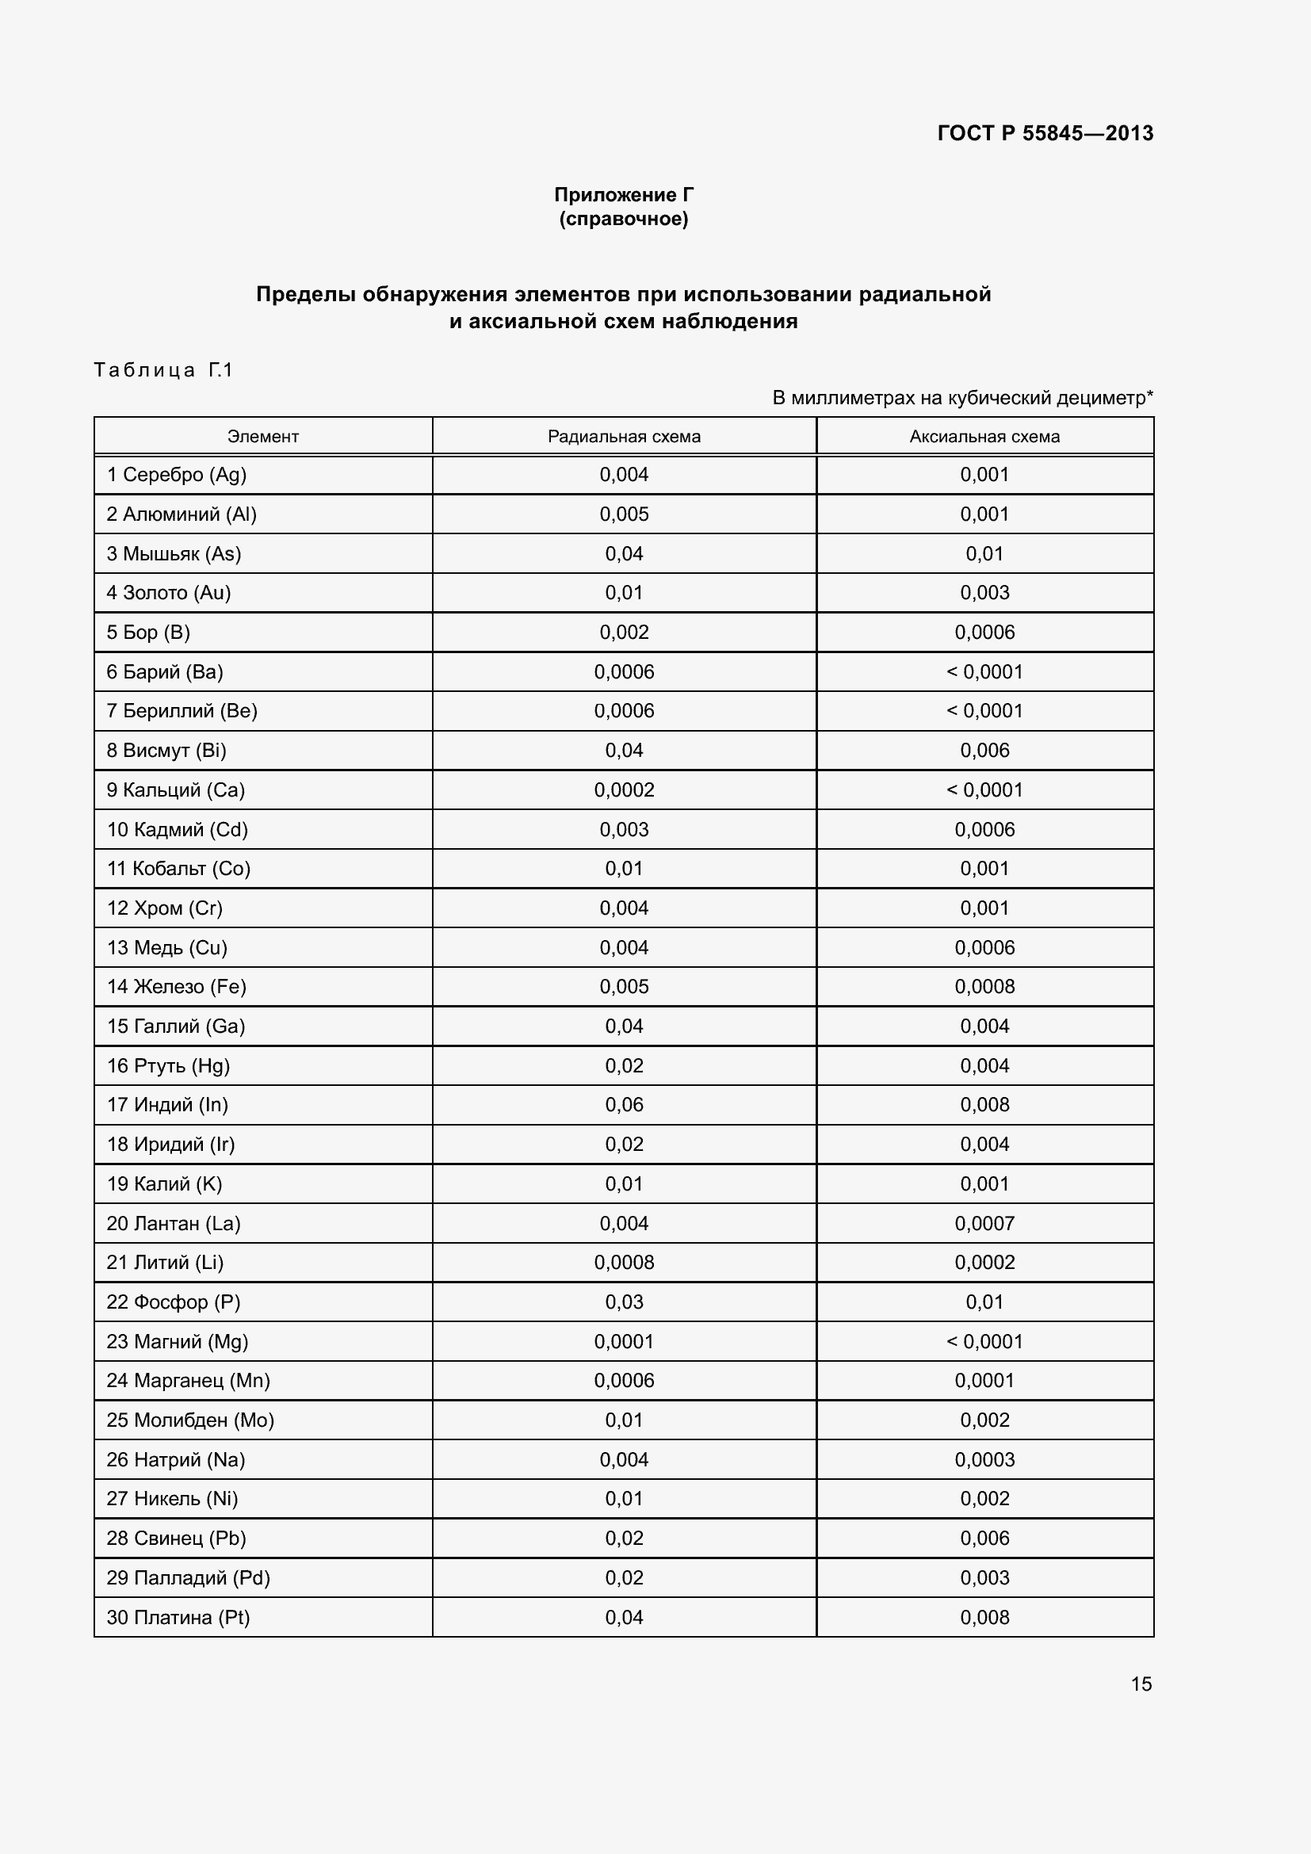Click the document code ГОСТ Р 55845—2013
point(1045,133)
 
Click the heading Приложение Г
point(623,195)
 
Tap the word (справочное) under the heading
point(623,219)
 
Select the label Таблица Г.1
point(163,370)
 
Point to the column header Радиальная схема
point(623,437)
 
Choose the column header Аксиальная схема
point(984,437)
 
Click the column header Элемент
point(262,437)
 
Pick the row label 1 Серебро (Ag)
point(176,475)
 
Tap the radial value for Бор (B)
point(623,633)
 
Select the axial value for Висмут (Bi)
point(984,750)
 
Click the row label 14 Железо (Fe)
point(176,987)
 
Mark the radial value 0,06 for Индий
point(623,1105)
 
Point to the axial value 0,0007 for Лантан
point(984,1223)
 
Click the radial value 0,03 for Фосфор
point(623,1302)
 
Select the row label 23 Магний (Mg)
point(177,1341)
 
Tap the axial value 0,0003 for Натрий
point(984,1459)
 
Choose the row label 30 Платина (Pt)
point(178,1618)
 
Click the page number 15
point(1141,1684)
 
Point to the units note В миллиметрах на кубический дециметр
point(961,397)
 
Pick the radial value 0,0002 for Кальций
point(623,789)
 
